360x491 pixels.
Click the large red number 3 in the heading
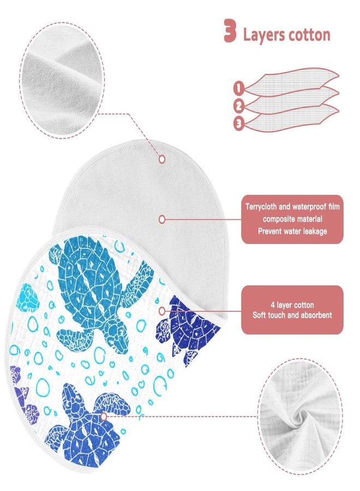click(230, 31)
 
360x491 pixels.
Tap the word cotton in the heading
click(309, 35)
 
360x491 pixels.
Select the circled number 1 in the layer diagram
click(238, 88)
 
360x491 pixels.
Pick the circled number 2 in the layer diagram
click(239, 106)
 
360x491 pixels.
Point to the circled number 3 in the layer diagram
click(238, 124)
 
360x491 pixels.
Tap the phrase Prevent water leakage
click(292, 231)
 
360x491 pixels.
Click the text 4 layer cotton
click(292, 304)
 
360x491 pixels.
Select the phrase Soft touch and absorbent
click(292, 315)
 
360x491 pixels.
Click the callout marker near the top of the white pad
click(162, 159)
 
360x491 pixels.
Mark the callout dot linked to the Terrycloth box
click(162, 219)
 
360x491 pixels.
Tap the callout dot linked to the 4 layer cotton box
click(162, 311)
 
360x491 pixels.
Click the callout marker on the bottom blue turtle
click(104, 416)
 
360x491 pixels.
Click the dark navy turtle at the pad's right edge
click(187, 329)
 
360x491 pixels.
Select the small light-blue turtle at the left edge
click(29, 297)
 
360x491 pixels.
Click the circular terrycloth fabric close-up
click(62, 80)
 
